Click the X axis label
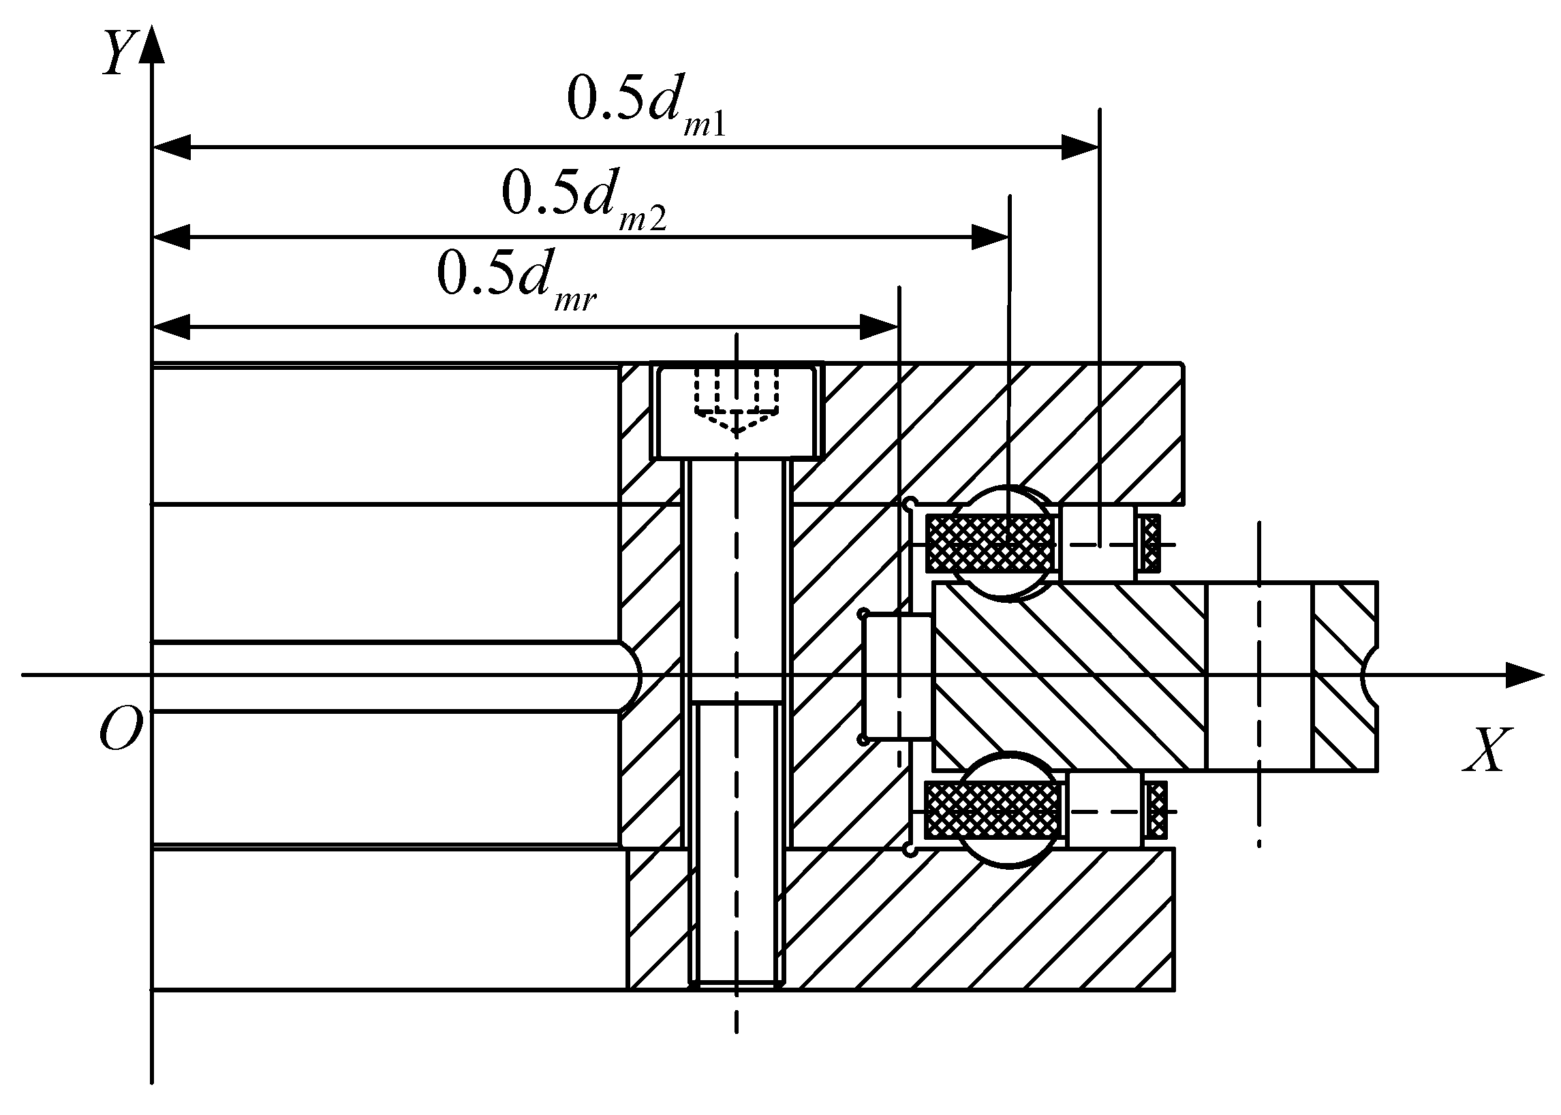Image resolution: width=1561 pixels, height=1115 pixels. click(1486, 751)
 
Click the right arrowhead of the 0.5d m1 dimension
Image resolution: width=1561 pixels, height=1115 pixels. click(1080, 147)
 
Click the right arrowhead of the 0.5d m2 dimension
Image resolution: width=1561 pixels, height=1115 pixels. click(989, 238)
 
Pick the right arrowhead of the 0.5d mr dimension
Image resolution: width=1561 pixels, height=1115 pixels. click(878, 328)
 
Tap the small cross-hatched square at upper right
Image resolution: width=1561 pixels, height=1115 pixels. click(1149, 544)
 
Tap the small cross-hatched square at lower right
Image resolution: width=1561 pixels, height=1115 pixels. click(1156, 811)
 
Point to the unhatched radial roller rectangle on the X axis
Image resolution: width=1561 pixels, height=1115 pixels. click(897, 677)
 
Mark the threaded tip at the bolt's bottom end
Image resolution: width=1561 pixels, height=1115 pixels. click(737, 982)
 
